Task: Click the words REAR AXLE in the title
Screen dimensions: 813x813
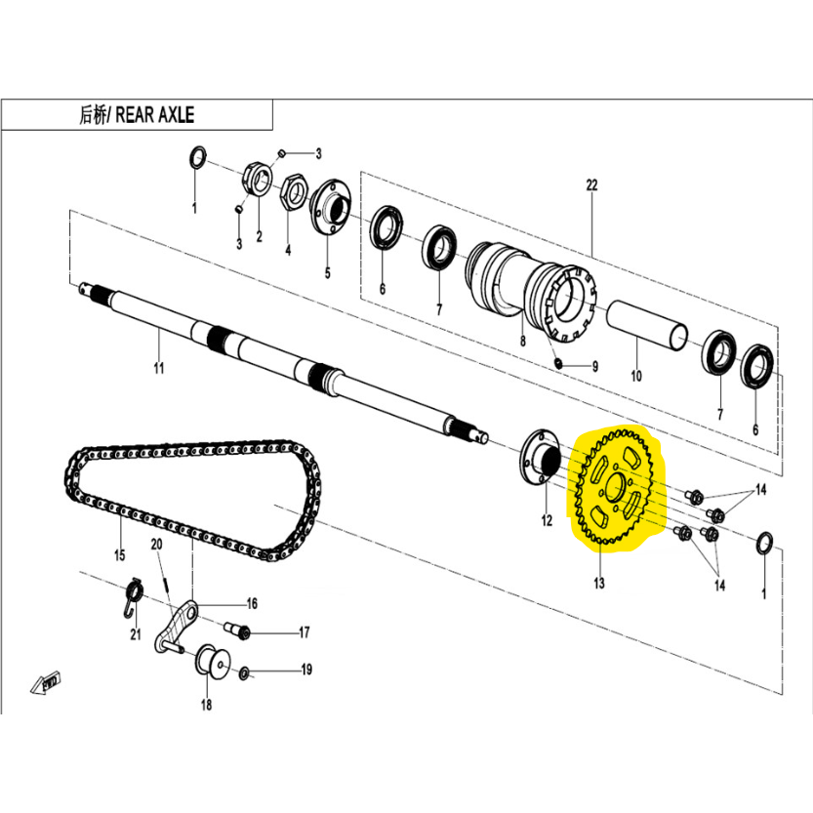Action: point(155,114)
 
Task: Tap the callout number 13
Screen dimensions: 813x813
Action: point(597,584)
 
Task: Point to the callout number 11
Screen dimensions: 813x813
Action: point(159,368)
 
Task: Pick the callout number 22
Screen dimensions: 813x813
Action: point(590,184)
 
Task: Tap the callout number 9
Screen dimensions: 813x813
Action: point(594,367)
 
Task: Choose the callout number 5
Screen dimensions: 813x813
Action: point(327,273)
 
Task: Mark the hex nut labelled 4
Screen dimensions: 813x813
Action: point(291,189)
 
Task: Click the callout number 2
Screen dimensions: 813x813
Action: point(259,236)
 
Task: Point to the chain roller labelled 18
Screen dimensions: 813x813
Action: point(208,664)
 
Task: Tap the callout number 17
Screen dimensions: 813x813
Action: point(304,632)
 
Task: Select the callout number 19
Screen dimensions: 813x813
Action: point(305,670)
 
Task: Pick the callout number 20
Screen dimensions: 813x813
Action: point(155,545)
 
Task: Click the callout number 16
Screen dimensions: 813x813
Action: point(251,603)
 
